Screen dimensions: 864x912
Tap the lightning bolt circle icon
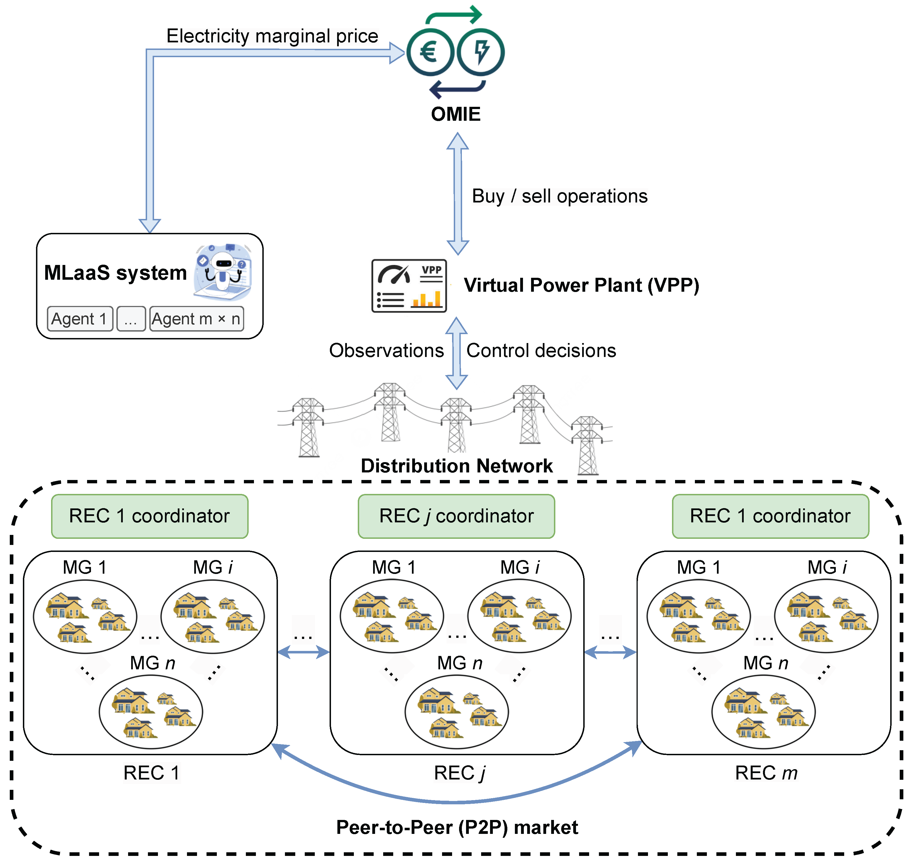(480, 52)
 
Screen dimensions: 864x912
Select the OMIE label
(455, 114)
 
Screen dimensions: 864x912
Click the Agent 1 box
(80, 319)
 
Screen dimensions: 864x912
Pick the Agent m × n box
(196, 319)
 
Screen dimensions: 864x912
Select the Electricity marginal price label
(272, 36)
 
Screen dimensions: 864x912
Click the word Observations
(386, 351)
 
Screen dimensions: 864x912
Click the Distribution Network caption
(456, 466)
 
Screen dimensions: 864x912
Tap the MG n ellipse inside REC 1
(151, 711)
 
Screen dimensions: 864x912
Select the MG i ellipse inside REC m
(825, 616)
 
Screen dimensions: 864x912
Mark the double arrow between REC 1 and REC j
(303, 652)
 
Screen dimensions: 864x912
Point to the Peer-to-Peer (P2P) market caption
(456, 827)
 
